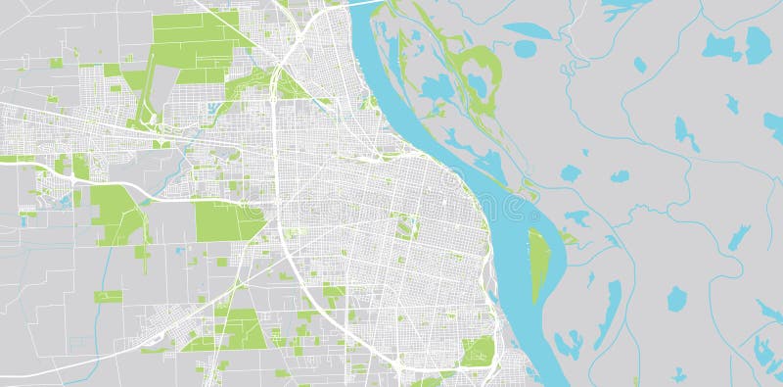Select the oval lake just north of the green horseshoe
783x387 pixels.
click(x=526, y=48)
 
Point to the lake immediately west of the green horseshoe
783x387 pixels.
click(x=434, y=91)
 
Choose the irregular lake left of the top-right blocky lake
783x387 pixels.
click(x=721, y=46)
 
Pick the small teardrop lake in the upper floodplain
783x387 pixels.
click(x=640, y=65)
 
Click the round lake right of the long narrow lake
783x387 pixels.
click(x=676, y=298)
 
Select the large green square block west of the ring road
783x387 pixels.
click(x=228, y=220)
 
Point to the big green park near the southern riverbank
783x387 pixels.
click(x=477, y=351)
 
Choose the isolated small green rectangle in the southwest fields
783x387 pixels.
click(x=108, y=296)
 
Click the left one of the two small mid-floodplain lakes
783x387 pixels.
click(x=571, y=173)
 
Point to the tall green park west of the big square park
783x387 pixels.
click(x=116, y=213)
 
